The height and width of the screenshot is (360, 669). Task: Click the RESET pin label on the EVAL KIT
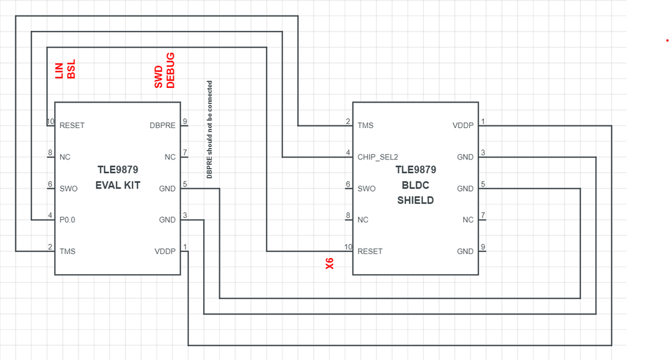72,125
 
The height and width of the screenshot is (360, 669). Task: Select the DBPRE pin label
163,125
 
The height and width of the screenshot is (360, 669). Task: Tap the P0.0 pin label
68,220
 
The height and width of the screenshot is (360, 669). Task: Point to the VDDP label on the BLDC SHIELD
463,125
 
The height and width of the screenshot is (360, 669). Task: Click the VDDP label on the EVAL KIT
164,251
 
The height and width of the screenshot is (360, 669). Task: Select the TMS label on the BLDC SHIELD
365,125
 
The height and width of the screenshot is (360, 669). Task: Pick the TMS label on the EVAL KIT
68,251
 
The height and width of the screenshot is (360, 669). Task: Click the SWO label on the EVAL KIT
68,188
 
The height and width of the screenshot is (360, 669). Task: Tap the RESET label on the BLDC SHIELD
370,251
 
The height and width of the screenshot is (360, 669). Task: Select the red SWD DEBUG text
164,71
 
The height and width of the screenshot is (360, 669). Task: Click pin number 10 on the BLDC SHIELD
347,247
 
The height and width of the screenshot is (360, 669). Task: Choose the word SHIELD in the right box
416,200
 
